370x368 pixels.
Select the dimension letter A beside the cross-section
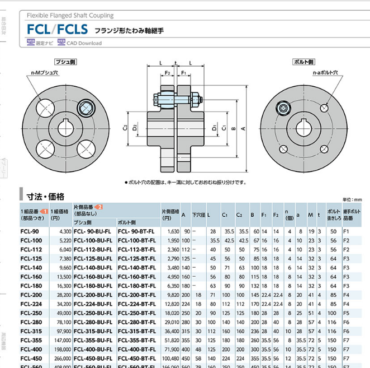pyautogui.click(x=243, y=128)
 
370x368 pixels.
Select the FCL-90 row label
pyautogui.click(x=30, y=231)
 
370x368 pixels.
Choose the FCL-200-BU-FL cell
pyautogui.click(x=93, y=294)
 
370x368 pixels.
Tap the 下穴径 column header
pyautogui.click(x=198, y=215)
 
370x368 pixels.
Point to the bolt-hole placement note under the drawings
pyautogui.click(x=184, y=183)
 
